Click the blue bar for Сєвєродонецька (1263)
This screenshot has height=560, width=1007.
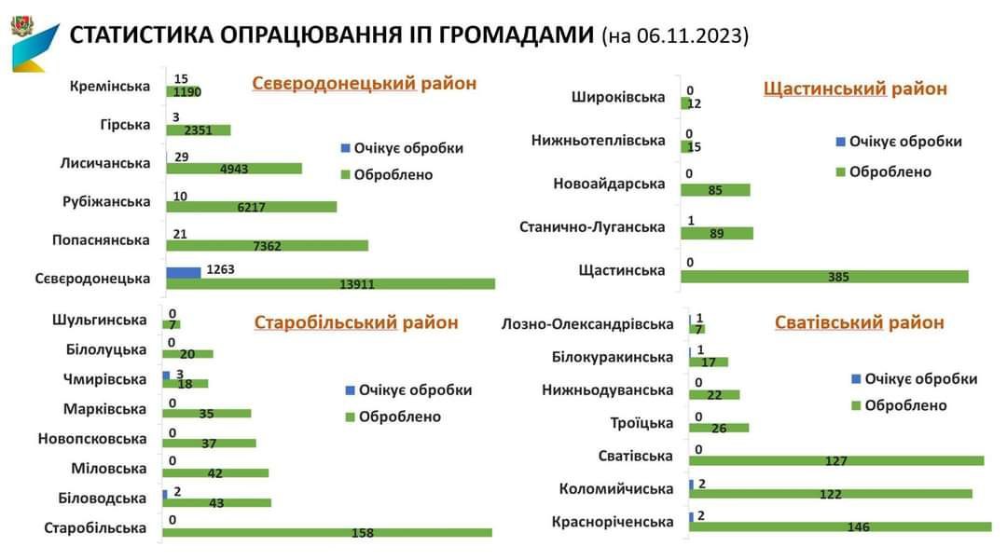click(x=184, y=272)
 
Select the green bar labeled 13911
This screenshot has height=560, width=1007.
click(x=331, y=283)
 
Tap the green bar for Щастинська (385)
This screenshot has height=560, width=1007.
click(x=824, y=277)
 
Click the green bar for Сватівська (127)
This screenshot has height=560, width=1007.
click(x=836, y=460)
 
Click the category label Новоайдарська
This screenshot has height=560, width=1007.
click(x=609, y=184)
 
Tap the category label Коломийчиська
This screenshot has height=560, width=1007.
click(x=615, y=488)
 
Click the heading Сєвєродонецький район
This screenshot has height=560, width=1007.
click(x=364, y=84)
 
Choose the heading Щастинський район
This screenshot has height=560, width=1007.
click(x=854, y=89)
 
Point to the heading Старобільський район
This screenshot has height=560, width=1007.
click(x=356, y=322)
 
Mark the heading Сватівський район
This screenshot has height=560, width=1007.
click(x=859, y=322)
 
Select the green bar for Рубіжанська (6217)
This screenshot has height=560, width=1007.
click(x=251, y=207)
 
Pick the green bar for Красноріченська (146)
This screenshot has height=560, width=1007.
click(x=839, y=526)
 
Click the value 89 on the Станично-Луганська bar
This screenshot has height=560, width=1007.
click(x=716, y=234)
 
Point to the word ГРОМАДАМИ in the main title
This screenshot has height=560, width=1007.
click(x=503, y=34)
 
